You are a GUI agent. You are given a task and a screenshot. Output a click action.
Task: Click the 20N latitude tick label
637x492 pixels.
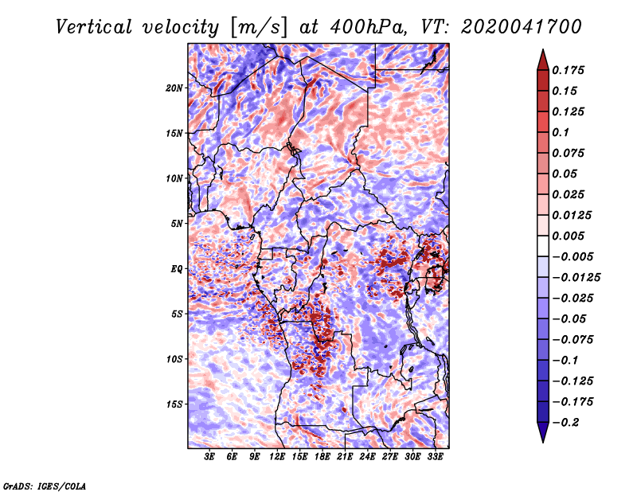point(174,88)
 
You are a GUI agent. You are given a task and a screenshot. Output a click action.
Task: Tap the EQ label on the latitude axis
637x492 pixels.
point(176,269)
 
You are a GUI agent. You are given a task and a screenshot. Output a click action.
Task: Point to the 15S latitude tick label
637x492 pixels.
point(174,404)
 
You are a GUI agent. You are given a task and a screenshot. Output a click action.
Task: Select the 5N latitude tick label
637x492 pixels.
point(177,224)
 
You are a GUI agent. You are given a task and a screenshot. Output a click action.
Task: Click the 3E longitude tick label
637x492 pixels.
point(209,457)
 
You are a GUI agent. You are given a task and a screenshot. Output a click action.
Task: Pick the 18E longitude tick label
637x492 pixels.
point(322,457)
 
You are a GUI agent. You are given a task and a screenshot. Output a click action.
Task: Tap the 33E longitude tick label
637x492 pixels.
point(435,457)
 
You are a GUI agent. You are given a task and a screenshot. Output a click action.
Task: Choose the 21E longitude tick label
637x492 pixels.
point(345,457)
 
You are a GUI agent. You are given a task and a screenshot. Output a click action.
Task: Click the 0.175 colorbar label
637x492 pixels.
point(568,70)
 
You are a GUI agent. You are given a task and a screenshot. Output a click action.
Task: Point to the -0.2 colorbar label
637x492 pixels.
point(565,423)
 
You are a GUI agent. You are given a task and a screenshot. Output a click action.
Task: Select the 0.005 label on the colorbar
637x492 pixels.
point(568,236)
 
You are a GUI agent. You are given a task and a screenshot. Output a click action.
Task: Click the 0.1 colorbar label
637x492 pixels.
point(561,132)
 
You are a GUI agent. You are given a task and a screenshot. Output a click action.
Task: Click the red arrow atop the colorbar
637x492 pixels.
point(543,60)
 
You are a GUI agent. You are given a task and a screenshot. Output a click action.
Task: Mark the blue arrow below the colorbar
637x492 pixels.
point(543,432)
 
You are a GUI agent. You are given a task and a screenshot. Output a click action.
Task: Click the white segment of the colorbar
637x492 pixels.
point(543,246)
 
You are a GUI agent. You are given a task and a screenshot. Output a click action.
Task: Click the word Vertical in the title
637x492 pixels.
point(94,27)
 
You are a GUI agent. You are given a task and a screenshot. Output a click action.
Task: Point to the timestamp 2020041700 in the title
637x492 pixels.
point(522,27)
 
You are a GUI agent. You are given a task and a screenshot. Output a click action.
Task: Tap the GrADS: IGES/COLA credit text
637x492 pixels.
point(45,486)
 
